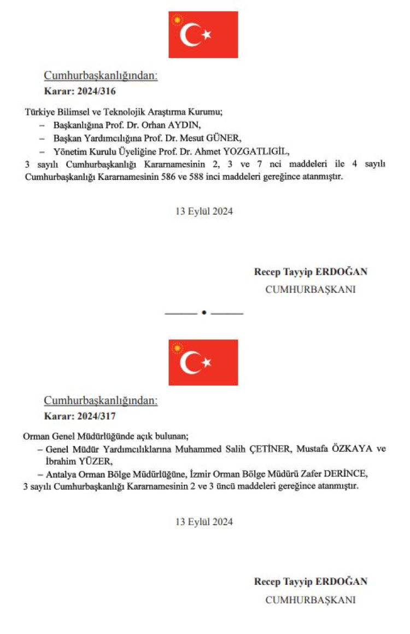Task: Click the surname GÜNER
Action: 224,138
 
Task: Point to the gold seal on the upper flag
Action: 176,21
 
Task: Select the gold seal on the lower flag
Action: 176,348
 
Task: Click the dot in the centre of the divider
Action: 203,313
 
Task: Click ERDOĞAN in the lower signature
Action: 344,582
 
